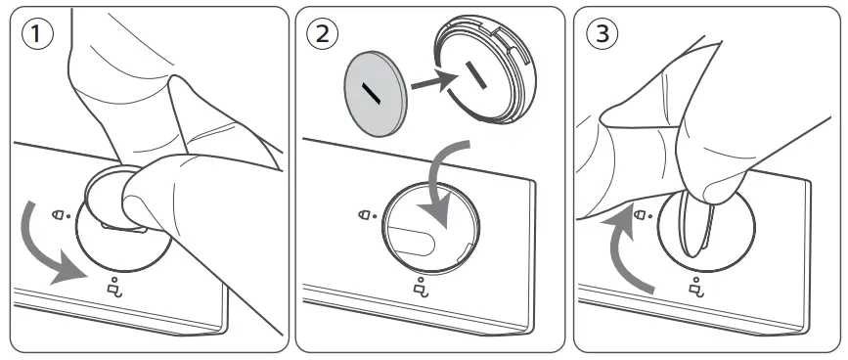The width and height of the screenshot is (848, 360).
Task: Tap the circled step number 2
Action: click(320, 36)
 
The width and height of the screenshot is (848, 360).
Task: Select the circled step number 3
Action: click(600, 36)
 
